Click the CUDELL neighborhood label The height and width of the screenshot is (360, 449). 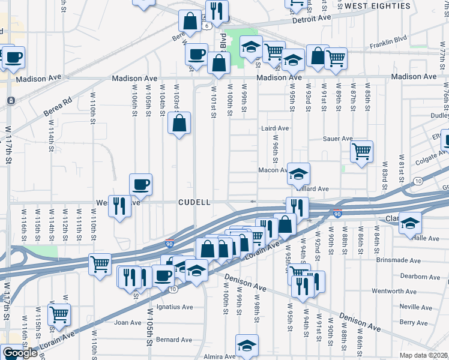coord(194,203)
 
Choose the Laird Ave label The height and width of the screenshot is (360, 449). coord(275,128)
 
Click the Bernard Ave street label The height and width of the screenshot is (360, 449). coord(174,340)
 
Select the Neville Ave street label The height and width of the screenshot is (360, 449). coord(415,307)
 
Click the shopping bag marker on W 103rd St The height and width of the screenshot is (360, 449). coord(179,124)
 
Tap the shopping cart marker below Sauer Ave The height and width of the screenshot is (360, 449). coord(361,151)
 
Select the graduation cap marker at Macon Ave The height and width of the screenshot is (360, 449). coord(298,175)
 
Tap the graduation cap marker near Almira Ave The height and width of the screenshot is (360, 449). coord(247,346)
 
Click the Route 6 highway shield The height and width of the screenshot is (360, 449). coord(206,26)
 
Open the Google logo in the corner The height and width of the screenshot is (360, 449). coord(19,353)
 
